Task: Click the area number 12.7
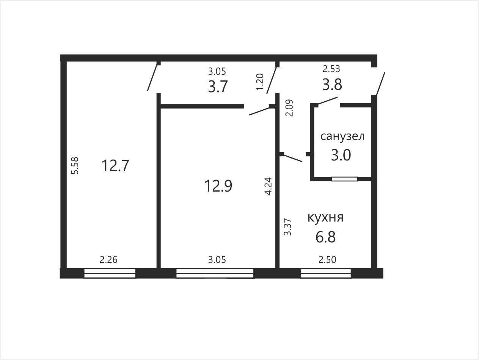point(115,166)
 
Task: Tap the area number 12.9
point(218,186)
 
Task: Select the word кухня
point(325,217)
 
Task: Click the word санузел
point(342,136)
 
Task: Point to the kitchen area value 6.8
point(325,237)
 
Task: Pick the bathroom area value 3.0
point(341,155)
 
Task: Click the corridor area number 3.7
point(218,86)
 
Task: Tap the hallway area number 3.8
point(332,85)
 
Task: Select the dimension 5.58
point(75,166)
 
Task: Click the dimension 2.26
point(108,259)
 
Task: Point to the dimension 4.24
point(268,186)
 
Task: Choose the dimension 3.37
point(287,227)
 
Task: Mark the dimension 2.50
point(327,259)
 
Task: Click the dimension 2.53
point(331,69)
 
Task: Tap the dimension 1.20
point(260,82)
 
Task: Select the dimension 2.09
point(289,108)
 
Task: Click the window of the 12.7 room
point(110,274)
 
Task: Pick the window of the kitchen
point(326,274)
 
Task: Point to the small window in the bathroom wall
point(345,179)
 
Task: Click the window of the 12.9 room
point(215,274)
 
